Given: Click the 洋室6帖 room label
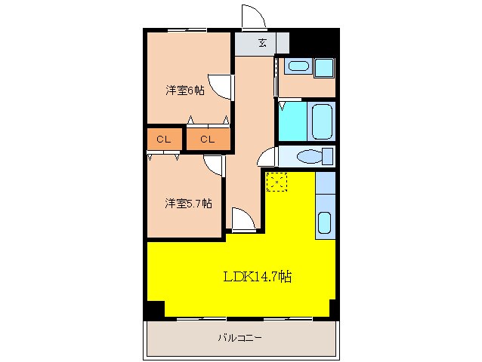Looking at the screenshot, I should point(185,90).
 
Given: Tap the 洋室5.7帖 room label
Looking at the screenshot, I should point(188,203).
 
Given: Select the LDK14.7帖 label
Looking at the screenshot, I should point(257,277).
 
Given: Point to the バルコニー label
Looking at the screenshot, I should point(240,339).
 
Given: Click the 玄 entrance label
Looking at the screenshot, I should point(262,43).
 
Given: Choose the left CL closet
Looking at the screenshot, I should point(163,140).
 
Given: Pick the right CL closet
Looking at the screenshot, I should point(208,140).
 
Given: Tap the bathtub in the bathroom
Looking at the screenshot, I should point(322,121).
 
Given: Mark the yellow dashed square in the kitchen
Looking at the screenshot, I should point(277,181).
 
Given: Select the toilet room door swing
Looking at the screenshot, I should point(267,158).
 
